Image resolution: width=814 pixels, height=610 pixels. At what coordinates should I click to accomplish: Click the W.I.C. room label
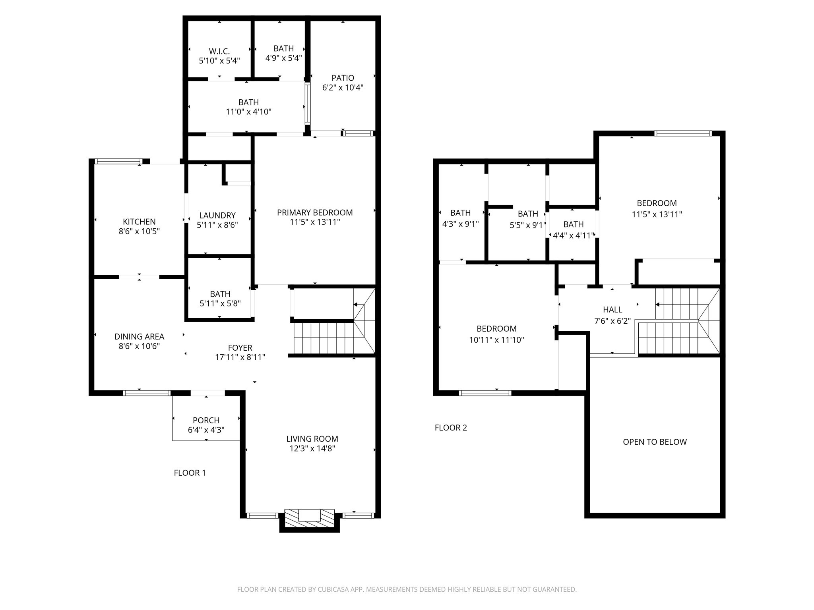point(219,51)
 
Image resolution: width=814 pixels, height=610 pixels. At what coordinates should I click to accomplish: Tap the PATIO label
point(343,78)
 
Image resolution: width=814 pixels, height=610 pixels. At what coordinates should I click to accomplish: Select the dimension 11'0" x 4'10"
point(248,112)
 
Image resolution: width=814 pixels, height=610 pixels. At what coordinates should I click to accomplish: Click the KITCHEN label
point(139,222)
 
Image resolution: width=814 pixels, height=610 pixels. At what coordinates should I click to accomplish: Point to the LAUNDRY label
point(217,215)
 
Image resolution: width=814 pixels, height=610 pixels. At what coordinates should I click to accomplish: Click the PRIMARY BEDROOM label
point(315,212)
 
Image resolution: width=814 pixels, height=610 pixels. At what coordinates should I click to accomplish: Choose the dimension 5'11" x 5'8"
point(220,303)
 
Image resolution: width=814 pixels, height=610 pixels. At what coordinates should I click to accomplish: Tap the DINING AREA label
point(139,336)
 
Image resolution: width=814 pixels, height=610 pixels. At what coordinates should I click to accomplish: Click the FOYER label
point(240,348)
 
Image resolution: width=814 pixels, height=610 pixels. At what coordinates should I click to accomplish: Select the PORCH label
point(206,420)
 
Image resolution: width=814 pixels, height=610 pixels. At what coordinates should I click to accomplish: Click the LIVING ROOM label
point(312,439)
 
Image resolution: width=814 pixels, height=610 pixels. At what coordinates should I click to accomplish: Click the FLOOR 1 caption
point(190,473)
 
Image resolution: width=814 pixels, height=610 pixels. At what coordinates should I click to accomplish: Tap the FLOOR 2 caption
point(451,428)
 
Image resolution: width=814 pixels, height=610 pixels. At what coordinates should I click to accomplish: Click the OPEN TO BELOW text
point(655,442)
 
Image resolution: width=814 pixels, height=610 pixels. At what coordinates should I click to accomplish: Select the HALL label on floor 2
point(612,310)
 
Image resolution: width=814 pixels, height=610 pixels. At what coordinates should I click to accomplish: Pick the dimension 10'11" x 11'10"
point(497,340)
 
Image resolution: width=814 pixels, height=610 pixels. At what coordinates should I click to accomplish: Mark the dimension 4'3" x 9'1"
point(461,224)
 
